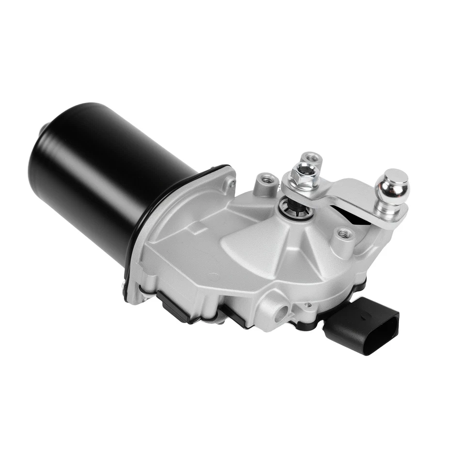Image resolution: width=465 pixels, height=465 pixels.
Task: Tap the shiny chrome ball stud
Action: coord(392,186)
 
